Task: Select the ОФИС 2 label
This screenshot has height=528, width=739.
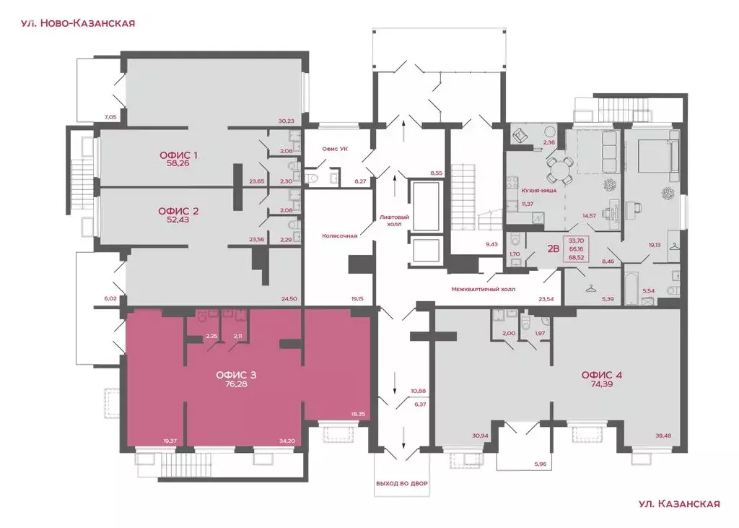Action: pos(178,211)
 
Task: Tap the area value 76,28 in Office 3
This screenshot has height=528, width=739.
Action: pos(236,384)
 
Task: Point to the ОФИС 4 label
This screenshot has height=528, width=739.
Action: pos(602,375)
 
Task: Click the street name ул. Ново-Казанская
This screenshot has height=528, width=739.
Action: pos(78,23)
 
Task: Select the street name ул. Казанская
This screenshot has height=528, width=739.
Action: pos(679,504)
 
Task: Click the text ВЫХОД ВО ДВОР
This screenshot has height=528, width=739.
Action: pos(401,484)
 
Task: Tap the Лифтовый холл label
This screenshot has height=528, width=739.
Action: pos(395,221)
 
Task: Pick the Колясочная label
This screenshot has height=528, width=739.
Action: pos(339,236)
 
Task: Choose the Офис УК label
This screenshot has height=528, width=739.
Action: pos(335,149)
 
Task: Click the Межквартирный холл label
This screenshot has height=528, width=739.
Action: pos(483,289)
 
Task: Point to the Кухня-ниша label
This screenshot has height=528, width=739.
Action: pos(538,191)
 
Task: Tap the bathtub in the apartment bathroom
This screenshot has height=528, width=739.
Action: pos(631,288)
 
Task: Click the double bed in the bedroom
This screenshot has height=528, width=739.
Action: pos(658,152)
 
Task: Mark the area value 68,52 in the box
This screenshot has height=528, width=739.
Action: pos(576,258)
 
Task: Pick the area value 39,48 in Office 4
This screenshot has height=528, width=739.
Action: pos(663,436)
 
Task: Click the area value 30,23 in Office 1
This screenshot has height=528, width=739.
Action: pos(286,121)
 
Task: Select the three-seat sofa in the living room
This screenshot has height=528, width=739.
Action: pos(609,152)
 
